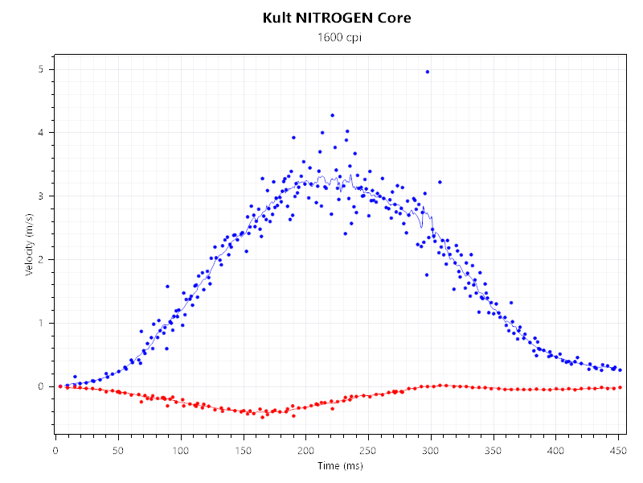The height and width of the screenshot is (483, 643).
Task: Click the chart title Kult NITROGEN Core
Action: click(x=337, y=18)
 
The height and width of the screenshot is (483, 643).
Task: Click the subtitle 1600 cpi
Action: click(x=337, y=38)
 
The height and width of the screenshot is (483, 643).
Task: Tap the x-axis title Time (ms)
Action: click(x=339, y=466)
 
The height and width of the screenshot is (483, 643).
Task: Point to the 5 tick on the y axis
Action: click(x=40, y=69)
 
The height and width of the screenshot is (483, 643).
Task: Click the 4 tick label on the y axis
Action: click(x=40, y=133)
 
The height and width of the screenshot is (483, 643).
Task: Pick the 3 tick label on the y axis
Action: click(x=40, y=196)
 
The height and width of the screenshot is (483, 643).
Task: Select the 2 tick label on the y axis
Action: click(x=40, y=260)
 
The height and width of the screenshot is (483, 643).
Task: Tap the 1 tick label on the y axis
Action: click(x=40, y=324)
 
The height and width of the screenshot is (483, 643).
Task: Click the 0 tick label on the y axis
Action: click(x=40, y=386)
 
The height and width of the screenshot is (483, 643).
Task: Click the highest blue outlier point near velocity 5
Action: click(x=427, y=72)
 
